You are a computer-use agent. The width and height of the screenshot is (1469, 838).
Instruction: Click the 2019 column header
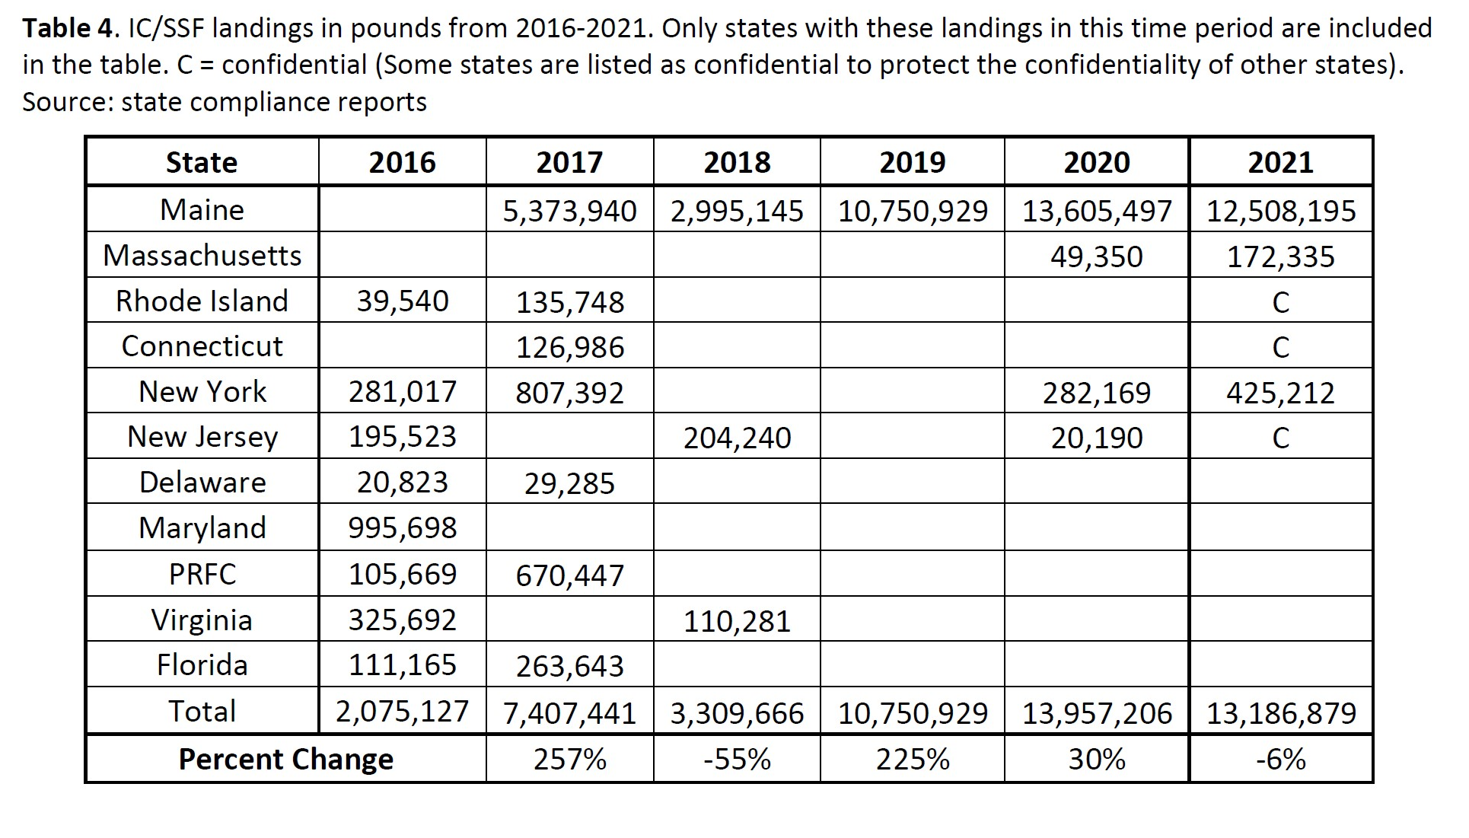coord(912,162)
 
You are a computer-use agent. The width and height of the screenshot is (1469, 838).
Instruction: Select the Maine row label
coord(202,209)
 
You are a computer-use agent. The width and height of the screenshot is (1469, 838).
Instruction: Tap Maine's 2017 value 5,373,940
coord(569,211)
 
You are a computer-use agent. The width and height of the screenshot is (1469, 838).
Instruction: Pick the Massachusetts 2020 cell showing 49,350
coord(1096,256)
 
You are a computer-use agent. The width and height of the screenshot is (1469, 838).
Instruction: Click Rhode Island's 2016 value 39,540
coord(403,301)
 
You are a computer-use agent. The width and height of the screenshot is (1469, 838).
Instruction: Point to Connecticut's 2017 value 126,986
coord(569,347)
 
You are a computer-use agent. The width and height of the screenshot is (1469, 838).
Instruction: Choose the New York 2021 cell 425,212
coord(1280,393)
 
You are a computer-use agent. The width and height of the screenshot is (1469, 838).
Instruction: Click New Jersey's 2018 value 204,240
coord(737,438)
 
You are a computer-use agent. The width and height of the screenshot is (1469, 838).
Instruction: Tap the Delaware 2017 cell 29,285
coord(569,483)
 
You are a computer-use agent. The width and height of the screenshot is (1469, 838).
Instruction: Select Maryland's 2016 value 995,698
coord(403,527)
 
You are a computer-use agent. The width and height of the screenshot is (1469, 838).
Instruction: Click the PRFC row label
coord(202,574)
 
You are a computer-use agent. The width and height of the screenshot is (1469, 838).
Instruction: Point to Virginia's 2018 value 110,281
coord(737,621)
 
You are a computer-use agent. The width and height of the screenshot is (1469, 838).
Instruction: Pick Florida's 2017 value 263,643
coord(569,666)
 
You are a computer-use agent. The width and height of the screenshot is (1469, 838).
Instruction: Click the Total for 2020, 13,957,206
coord(1096,713)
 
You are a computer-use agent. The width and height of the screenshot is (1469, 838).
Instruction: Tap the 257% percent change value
coord(569,759)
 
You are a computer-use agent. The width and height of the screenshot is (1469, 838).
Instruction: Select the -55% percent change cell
coord(737,759)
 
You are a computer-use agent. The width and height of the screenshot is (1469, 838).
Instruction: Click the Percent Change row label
coord(285,760)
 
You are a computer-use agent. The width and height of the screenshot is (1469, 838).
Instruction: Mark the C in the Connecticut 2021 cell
coord(1280,347)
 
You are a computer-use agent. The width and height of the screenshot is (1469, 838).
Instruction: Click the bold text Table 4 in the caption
coord(68,28)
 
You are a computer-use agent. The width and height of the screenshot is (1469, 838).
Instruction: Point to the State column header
coord(202,162)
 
